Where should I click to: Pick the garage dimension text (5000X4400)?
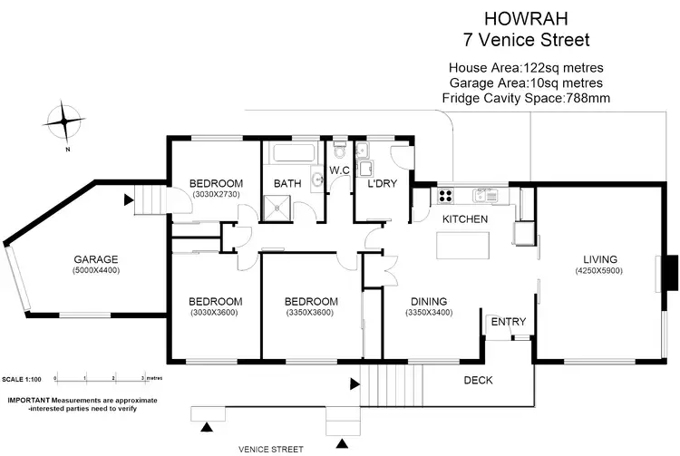coord(96,270)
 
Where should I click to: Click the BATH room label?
coord(287,184)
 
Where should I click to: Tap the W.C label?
coord(340,170)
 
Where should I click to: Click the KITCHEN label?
coord(465,219)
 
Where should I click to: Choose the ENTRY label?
coord(508,322)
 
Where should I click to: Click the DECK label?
coord(478,381)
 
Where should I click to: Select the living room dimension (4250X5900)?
coord(603,271)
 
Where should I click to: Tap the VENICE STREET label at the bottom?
coord(271,448)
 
